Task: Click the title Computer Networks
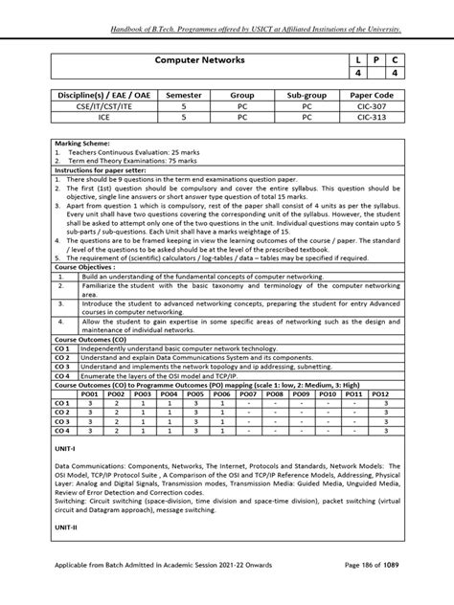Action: (200, 60)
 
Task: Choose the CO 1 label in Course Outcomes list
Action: (63, 348)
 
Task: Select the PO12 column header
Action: (380, 393)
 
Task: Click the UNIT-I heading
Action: (66, 447)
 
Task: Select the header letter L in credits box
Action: (358, 60)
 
